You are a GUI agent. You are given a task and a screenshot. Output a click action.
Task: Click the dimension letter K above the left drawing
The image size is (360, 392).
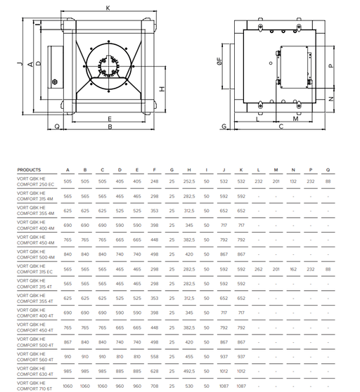(x=108, y=8)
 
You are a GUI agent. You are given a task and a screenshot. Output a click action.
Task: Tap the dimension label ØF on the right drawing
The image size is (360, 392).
(x=219, y=61)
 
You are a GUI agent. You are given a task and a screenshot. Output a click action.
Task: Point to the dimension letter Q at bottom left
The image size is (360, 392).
(x=57, y=126)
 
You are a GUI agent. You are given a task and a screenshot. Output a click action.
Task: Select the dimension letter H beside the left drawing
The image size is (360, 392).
(x=162, y=89)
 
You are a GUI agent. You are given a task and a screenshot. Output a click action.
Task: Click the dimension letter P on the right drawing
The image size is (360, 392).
(x=331, y=66)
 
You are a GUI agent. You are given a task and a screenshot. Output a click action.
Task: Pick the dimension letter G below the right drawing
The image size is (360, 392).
(x=224, y=126)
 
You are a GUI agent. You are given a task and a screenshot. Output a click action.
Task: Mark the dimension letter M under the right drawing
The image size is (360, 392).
(x=295, y=119)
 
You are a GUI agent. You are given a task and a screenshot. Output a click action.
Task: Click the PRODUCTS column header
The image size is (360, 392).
(x=29, y=170)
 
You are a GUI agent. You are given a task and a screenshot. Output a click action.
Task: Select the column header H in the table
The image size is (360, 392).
(x=189, y=170)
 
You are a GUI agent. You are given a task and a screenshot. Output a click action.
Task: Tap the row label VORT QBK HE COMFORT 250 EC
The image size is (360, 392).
(x=36, y=182)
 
